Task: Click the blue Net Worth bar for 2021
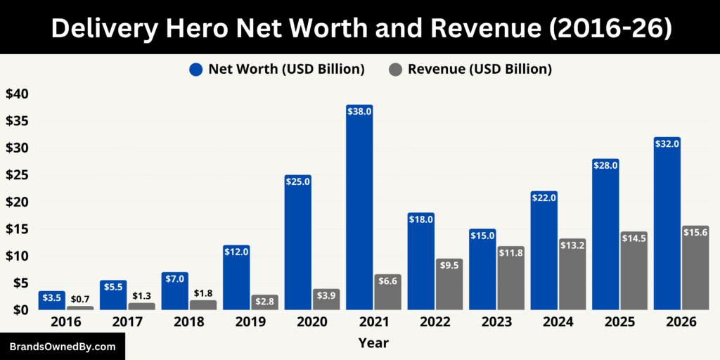pyautogui.click(x=359, y=211)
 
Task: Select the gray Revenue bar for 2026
pyautogui.click(x=695, y=271)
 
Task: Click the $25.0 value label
pyautogui.click(x=297, y=181)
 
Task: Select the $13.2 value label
pyautogui.click(x=572, y=245)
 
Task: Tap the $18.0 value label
pyautogui.click(x=420, y=219)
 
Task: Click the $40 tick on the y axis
pyautogui.click(x=17, y=94)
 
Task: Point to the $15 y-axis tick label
pyautogui.click(x=17, y=229)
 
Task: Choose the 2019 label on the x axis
pyautogui.click(x=250, y=322)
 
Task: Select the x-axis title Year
pyautogui.click(x=373, y=343)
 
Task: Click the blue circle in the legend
pyautogui.click(x=195, y=70)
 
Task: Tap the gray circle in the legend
pyautogui.click(x=395, y=70)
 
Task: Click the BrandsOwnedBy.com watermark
pyautogui.click(x=62, y=347)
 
